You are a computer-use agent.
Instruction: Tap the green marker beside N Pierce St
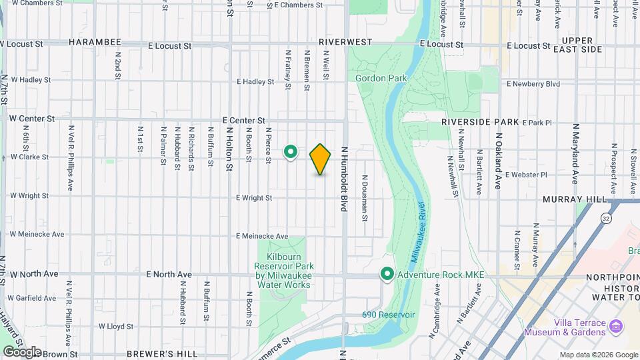291,153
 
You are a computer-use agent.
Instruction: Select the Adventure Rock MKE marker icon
387,274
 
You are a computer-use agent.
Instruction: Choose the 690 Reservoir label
389,315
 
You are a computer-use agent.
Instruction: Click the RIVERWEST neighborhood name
345,42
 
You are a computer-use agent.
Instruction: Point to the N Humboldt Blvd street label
345,180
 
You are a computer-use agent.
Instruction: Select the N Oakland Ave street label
497,161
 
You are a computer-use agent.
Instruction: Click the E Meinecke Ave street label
263,236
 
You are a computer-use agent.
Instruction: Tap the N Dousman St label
365,194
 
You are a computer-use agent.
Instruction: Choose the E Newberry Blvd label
533,84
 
